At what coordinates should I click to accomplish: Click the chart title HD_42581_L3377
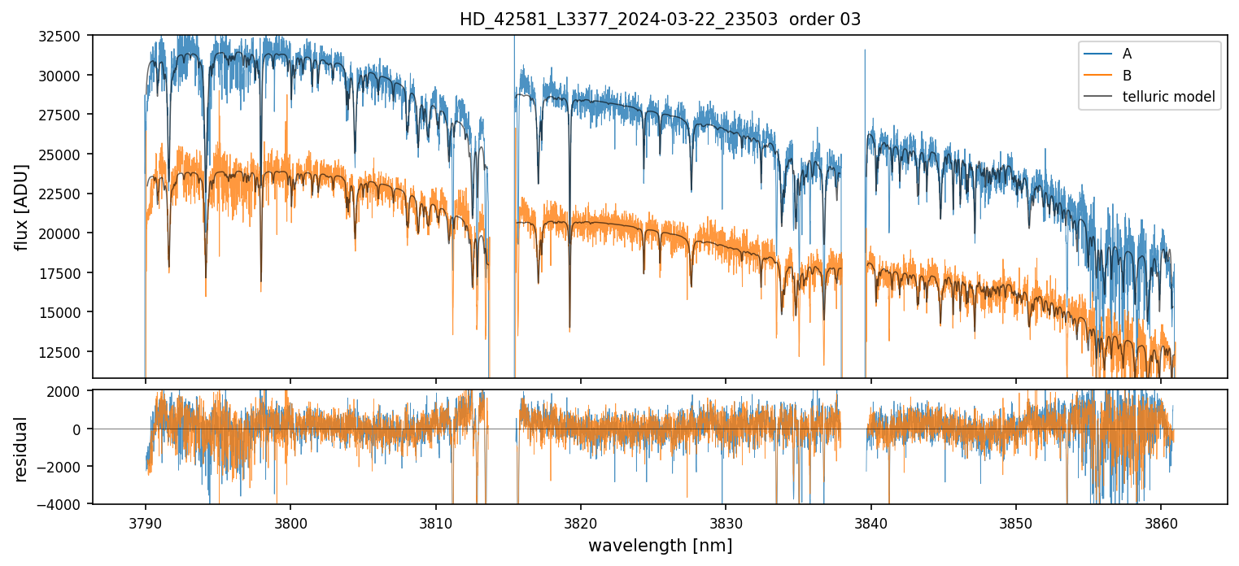click(660, 20)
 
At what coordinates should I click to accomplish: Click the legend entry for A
click(1127, 54)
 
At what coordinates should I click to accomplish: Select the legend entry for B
click(1127, 76)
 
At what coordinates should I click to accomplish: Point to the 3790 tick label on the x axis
click(145, 521)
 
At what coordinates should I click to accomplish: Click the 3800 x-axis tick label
click(290, 521)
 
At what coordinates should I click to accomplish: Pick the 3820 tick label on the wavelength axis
click(581, 521)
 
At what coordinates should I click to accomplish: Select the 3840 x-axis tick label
click(871, 521)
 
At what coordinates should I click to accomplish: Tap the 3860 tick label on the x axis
click(1161, 521)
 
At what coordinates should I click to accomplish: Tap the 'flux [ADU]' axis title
click(21, 207)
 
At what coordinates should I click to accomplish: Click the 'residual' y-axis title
click(21, 449)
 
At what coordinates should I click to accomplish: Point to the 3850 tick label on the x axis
click(1016, 521)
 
